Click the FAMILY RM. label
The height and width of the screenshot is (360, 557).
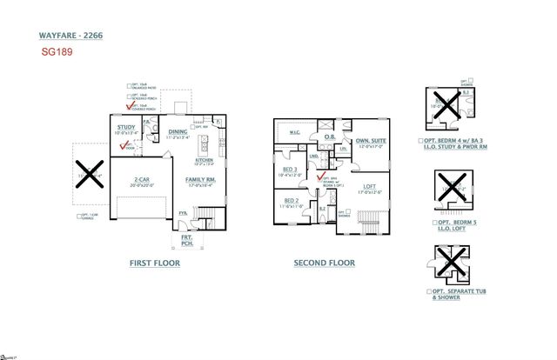click(x=199, y=179)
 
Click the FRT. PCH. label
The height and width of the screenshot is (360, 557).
click(x=186, y=239)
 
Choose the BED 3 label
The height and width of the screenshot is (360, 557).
click(x=290, y=170)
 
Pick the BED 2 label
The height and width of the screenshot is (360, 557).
click(x=289, y=202)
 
